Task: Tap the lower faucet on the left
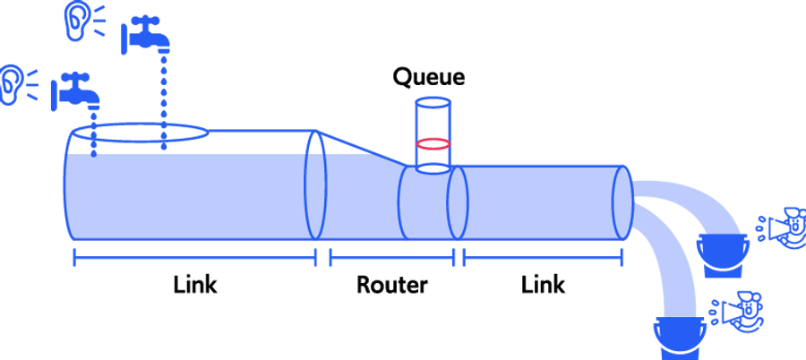click(75, 90)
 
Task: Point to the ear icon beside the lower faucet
click(12, 84)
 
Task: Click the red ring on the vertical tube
click(433, 143)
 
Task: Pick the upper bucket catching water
click(723, 251)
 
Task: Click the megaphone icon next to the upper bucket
click(785, 227)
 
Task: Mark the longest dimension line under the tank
click(194, 258)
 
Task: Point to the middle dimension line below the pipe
click(391, 258)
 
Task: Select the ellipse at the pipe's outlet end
click(622, 202)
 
